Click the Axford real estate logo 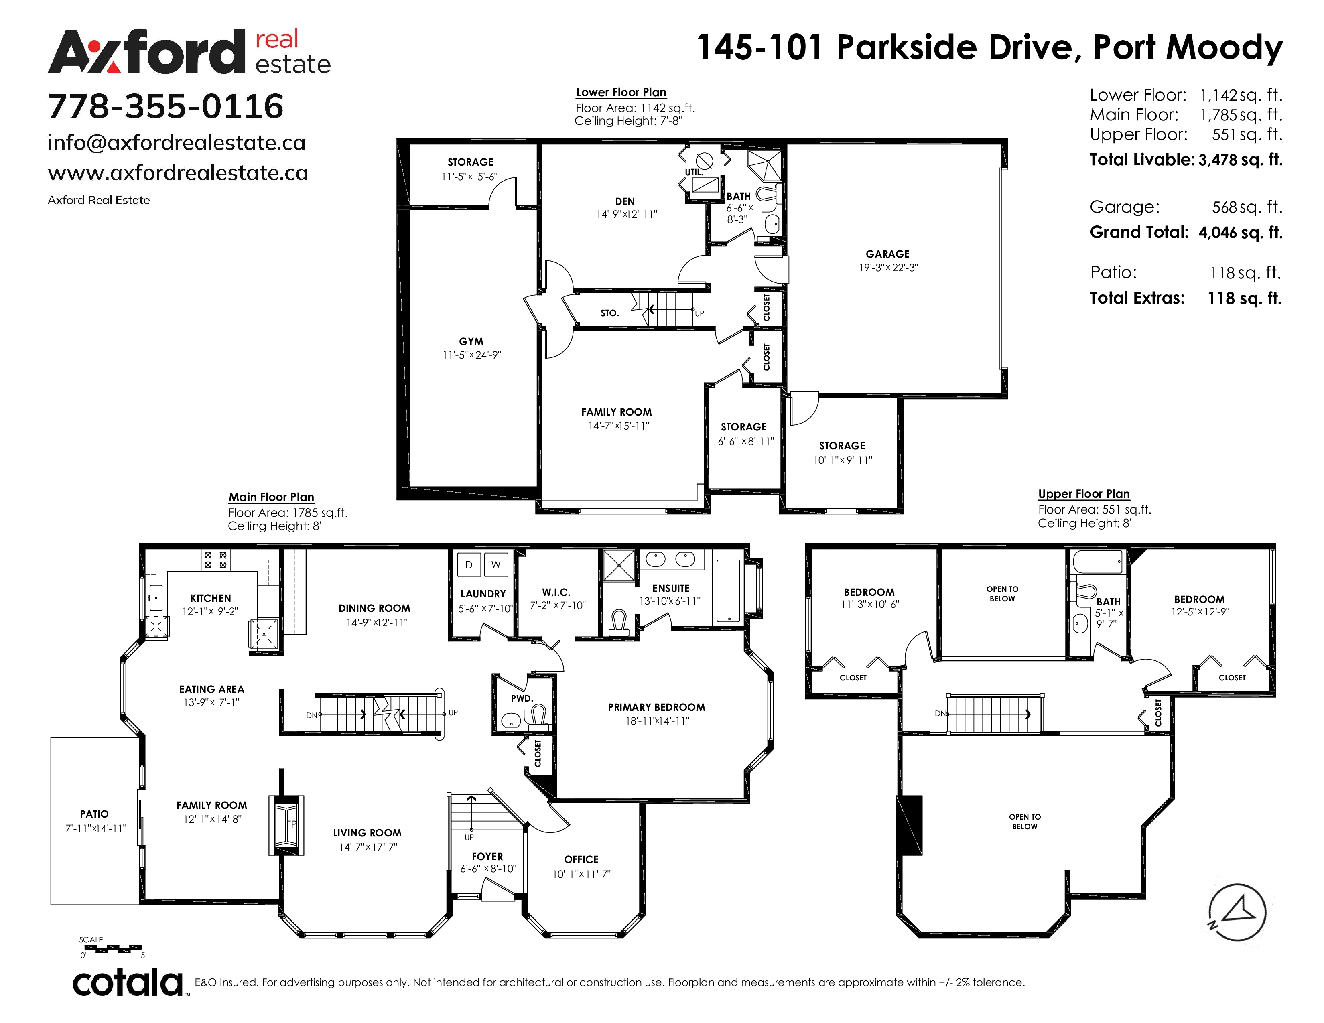189,52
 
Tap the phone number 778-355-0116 165,107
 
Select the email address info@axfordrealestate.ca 177,143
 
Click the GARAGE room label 887,254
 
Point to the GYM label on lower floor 471,341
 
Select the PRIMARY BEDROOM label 656,707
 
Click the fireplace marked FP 286,825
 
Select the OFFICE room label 581,859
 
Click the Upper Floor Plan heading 1084,494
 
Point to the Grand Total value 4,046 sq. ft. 1240,233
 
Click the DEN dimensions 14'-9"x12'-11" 627,215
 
